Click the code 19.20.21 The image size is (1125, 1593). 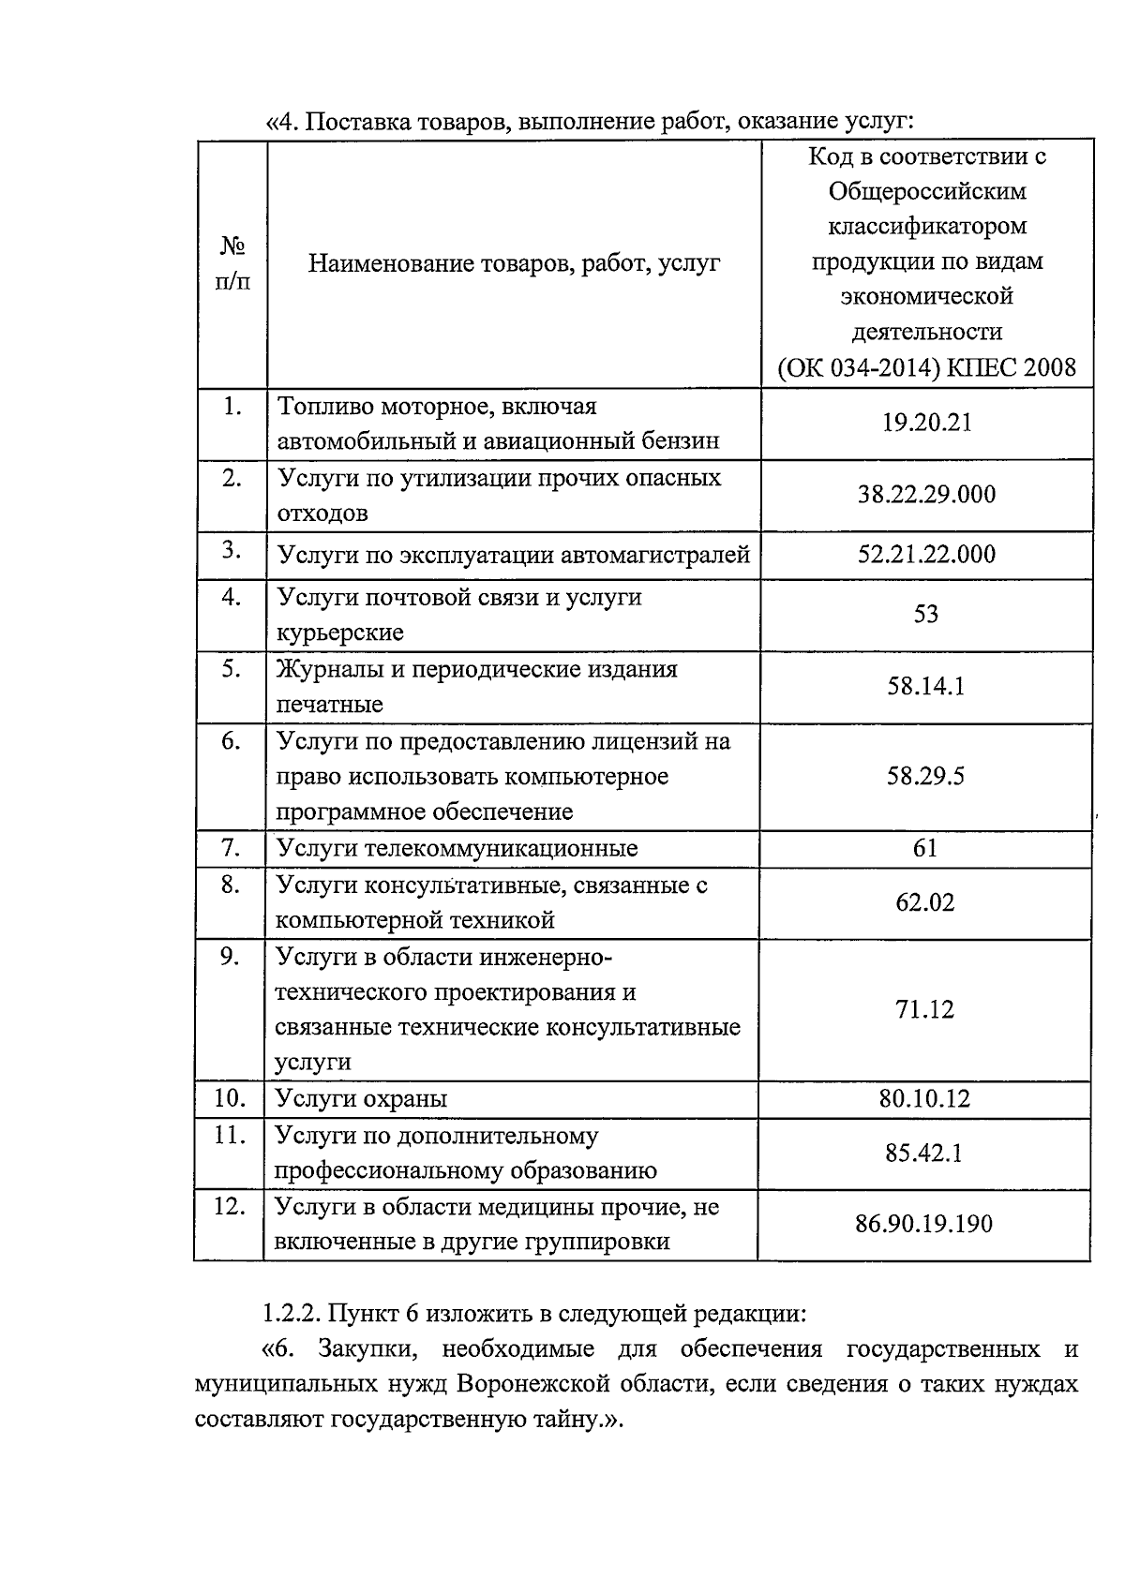(926, 423)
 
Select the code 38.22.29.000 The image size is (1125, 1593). (926, 494)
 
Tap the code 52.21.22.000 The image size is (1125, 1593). (926, 554)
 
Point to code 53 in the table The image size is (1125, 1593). (925, 614)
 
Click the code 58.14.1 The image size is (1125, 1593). (925, 686)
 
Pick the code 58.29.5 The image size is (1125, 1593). (925, 776)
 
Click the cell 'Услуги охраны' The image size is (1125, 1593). (361, 1099)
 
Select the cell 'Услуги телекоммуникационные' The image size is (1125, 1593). (457, 849)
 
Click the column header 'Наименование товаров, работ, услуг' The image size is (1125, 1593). (515, 263)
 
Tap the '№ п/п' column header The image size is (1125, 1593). (232, 263)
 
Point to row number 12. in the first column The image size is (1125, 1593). (230, 1206)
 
